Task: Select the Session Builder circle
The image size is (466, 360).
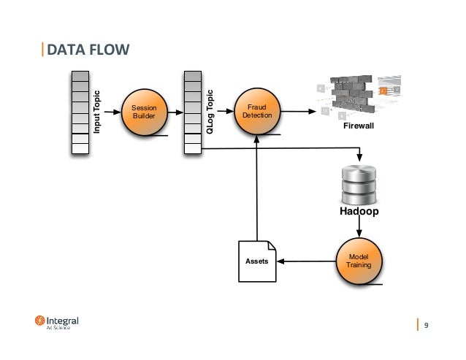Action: [144, 112]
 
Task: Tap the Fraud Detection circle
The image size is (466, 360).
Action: [256, 112]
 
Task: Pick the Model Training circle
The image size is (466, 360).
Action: [358, 261]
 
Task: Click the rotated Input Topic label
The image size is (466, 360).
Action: [96, 112]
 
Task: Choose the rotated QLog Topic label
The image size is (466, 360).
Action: [210, 112]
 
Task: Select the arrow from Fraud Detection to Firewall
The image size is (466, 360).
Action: [299, 112]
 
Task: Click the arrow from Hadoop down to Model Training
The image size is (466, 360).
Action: [359, 228]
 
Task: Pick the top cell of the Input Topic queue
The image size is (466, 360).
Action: [80, 75]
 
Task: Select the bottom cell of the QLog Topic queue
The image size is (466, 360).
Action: [191, 148]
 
